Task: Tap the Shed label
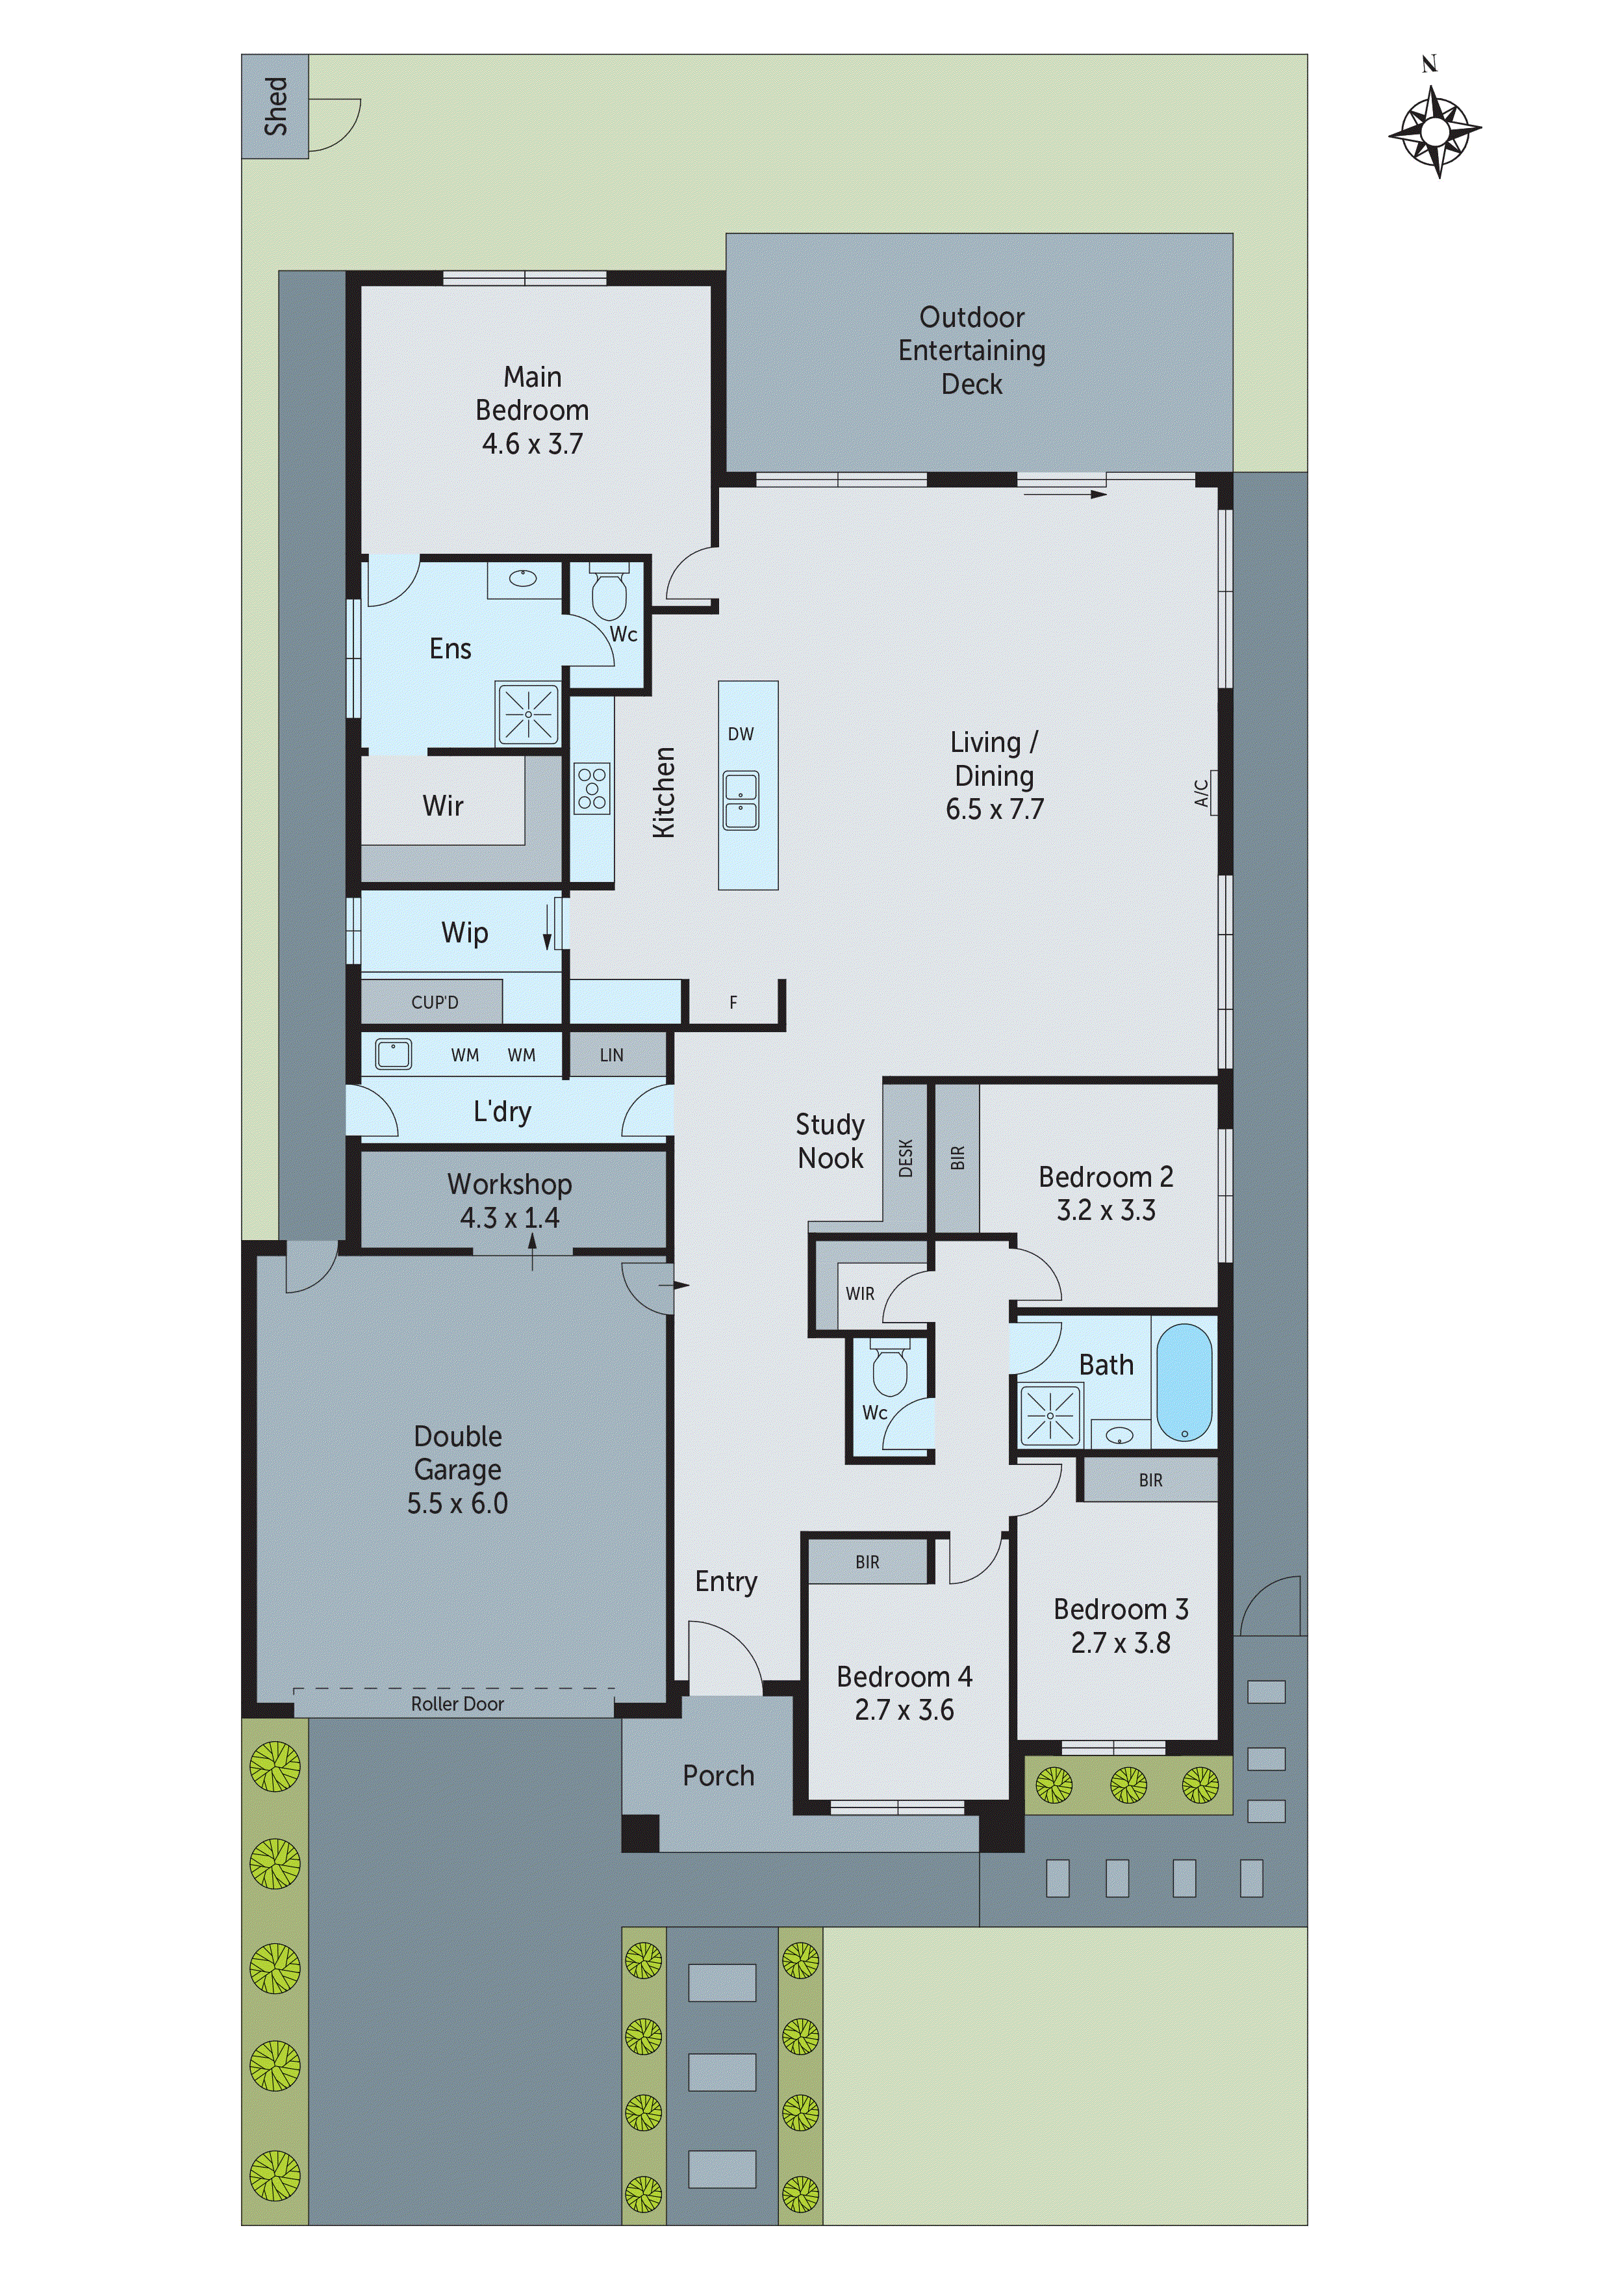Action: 275,106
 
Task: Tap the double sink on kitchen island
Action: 741,800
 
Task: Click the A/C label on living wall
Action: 1201,792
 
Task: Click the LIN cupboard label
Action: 611,1055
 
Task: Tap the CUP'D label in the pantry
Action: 435,1002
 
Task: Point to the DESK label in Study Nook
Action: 906,1158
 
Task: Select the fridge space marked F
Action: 733,1003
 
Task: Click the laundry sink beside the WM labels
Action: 394,1054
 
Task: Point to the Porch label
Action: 718,1776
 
